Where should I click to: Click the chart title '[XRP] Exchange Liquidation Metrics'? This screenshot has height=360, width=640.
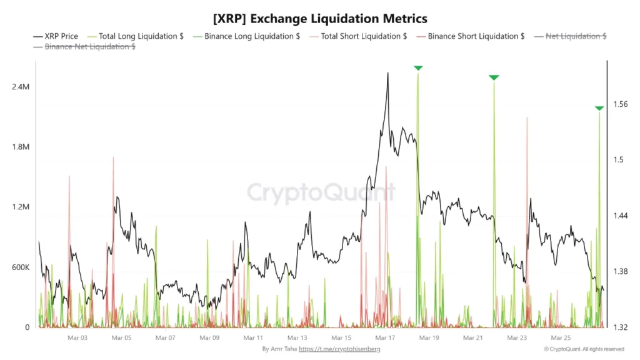(x=320, y=19)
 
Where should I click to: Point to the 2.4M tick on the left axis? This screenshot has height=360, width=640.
(x=20, y=87)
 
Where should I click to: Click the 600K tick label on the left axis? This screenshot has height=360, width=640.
(x=20, y=267)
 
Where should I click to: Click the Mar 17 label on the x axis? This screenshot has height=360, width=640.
(x=385, y=337)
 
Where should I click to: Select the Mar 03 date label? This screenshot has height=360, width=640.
(x=77, y=337)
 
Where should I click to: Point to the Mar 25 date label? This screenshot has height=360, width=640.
(x=561, y=337)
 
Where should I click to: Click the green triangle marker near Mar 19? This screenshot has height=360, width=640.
(x=418, y=67)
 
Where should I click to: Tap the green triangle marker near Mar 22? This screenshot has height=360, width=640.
(x=494, y=77)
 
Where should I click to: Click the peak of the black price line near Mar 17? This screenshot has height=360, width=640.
(x=388, y=73)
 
